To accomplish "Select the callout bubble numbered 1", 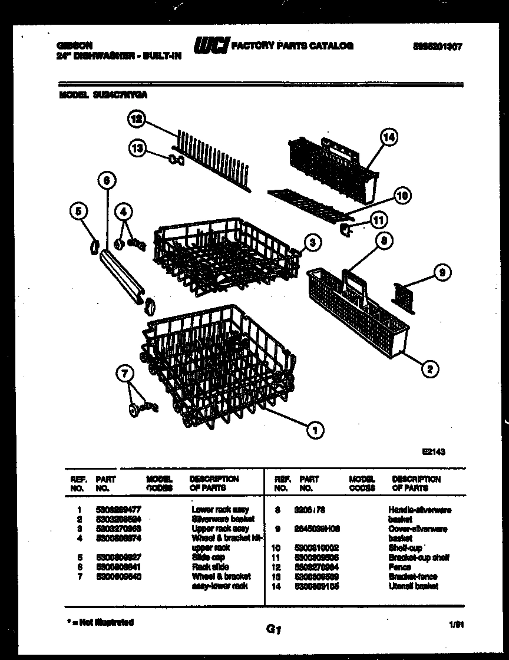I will pyautogui.click(x=315, y=431).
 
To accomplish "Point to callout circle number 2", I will pyautogui.click(x=429, y=369).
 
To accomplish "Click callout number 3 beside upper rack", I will pyautogui.click(x=313, y=241).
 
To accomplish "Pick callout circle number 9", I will pyautogui.click(x=442, y=272).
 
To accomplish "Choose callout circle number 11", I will pyautogui.click(x=379, y=220).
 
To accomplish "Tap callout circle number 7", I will pyautogui.click(x=126, y=372).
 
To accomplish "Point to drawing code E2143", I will pyautogui.click(x=433, y=453).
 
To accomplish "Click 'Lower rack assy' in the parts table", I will pyautogui.click(x=220, y=509).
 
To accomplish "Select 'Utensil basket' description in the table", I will pyautogui.click(x=413, y=586).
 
